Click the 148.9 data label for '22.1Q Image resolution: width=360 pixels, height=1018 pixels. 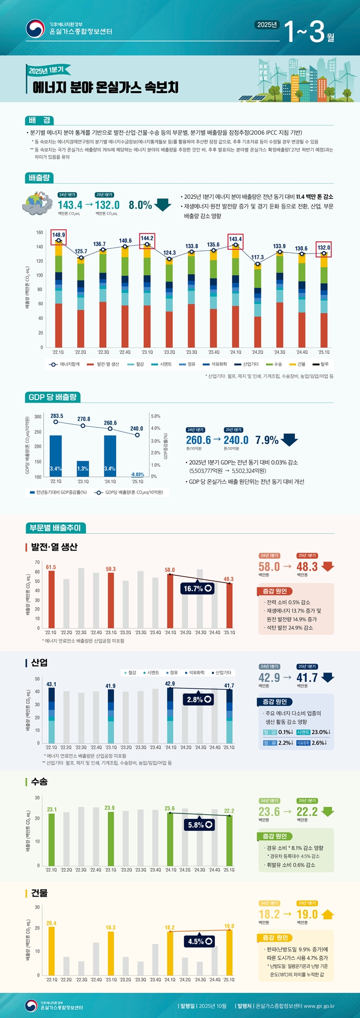coord(59,235)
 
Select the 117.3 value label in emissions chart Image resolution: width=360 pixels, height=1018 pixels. coord(258,257)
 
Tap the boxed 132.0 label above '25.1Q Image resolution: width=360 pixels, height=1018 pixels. coord(323,248)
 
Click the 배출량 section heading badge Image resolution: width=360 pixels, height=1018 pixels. coord(39,177)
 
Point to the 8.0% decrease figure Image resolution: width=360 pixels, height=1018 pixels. coord(140,205)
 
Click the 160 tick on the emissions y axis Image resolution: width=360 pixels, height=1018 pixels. coord(40,232)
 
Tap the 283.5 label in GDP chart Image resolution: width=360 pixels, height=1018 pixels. coord(57,416)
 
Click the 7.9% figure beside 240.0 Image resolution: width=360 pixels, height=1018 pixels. coord(266,440)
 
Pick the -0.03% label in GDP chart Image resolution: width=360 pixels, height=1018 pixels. coord(137,475)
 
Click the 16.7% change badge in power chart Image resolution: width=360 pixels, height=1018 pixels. coord(197,588)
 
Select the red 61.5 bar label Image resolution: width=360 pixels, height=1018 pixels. coord(51,567)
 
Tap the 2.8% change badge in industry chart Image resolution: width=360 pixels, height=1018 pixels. coord(199,699)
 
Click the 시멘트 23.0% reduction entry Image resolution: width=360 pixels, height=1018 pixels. coord(313,732)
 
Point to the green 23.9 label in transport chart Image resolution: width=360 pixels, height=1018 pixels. coord(110,808)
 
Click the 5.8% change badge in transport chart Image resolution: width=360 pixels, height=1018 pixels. coord(200,825)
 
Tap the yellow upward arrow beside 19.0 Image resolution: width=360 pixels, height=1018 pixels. coord(328,914)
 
